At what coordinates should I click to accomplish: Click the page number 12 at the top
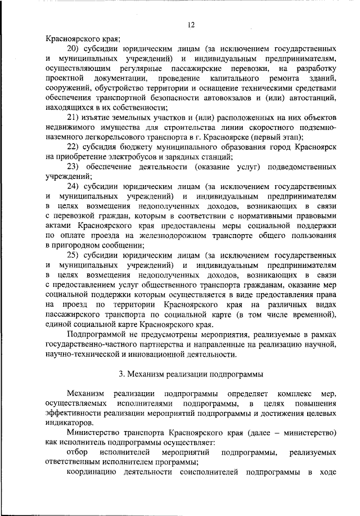pos(191,24)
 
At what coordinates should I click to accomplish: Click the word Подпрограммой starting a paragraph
pos(95,333)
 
